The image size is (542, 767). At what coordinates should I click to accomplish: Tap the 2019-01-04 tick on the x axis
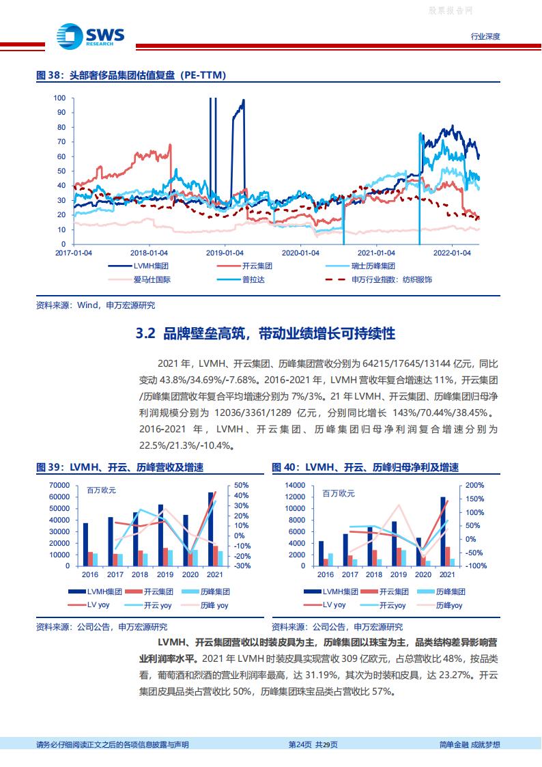pyautogui.click(x=226, y=252)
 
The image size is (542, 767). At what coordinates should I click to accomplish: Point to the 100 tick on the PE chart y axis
pyautogui.click(x=59, y=98)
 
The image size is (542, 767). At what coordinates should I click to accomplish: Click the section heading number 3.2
pyautogui.click(x=147, y=333)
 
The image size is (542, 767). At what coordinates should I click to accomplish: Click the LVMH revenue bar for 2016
pyautogui.click(x=85, y=544)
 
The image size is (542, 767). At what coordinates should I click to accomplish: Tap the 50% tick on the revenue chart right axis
pyautogui.click(x=240, y=486)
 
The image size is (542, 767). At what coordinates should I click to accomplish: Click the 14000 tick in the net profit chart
pyautogui.click(x=294, y=486)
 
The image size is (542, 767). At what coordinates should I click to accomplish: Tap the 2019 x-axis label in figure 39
pyautogui.click(x=165, y=575)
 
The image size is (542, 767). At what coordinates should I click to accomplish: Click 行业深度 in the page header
pyautogui.click(x=486, y=36)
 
